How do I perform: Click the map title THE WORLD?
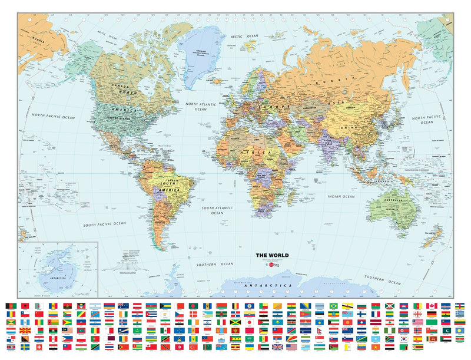click(271, 255)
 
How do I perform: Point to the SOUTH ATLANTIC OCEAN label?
click(216, 210)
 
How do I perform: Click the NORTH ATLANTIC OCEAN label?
click(201, 106)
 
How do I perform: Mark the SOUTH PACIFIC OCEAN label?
click(104, 224)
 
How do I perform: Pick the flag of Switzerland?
click(38, 347)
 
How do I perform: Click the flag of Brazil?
click(333, 306)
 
